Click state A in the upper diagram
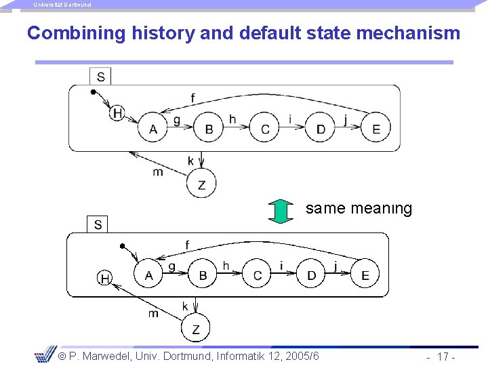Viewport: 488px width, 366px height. pos(154,129)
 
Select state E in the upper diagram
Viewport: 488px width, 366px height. pos(376,129)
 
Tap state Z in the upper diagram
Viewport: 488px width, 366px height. pos(201,184)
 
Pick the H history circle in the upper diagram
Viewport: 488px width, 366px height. pos(117,113)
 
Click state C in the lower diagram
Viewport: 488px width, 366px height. pos(257,274)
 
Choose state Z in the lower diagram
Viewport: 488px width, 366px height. pos(196,329)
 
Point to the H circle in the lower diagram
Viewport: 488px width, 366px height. pos(105,278)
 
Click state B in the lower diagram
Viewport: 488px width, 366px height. pos(203,274)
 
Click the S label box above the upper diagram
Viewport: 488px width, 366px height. pos(100,76)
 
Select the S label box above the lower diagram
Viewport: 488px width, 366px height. pos(98,224)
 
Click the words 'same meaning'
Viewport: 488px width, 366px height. pos(359,209)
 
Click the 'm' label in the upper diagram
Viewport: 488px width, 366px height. pos(158,172)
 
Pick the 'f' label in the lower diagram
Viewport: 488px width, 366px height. pos(188,245)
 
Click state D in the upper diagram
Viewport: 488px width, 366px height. pos(321,129)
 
